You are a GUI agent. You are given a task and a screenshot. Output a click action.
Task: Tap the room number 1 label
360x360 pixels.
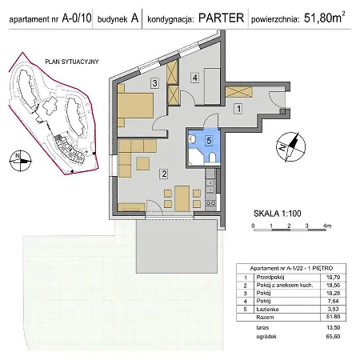237,108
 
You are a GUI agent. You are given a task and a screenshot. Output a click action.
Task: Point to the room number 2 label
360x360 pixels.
163,172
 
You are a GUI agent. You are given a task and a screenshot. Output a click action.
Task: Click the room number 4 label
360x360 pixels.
194,78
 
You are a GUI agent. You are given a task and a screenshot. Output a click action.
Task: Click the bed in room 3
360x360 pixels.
136,104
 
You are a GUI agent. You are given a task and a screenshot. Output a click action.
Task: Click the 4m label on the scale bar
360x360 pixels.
327,226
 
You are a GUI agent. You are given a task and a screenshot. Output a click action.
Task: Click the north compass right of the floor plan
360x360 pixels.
289,146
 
